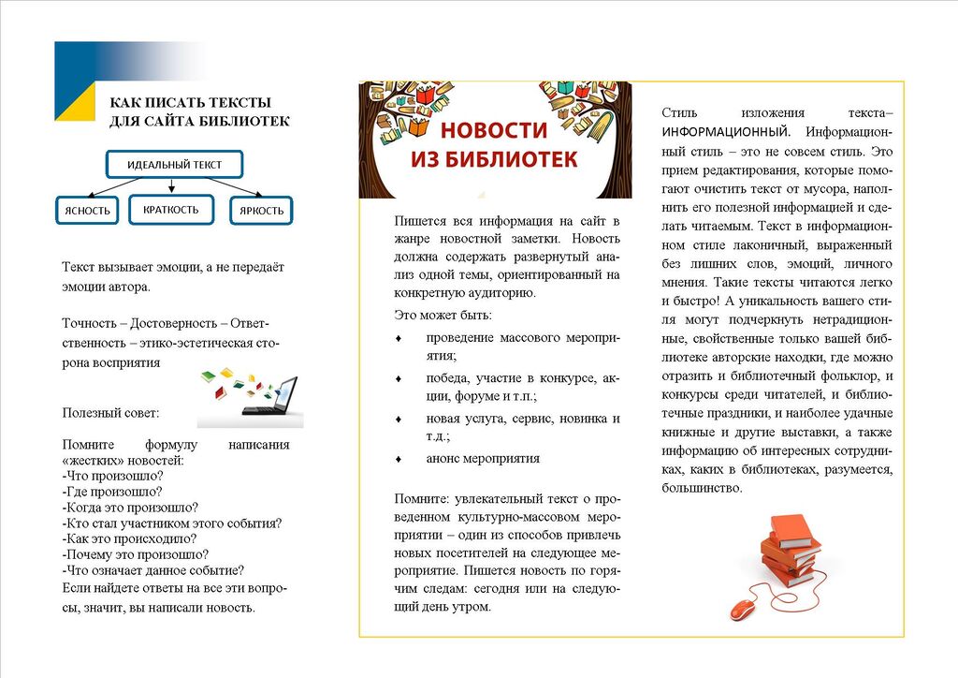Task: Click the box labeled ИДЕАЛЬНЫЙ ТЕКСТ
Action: (175, 165)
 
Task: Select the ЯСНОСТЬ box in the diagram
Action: (87, 211)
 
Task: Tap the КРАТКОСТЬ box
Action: (171, 210)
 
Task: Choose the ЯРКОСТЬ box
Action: (261, 211)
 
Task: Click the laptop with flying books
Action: (251, 394)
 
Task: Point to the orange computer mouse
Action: (742, 609)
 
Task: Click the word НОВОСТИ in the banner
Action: (494, 130)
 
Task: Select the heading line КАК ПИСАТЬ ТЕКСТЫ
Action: (191, 102)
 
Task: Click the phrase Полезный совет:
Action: (110, 412)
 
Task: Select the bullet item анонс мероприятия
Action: (483, 459)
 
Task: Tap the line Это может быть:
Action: (443, 316)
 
